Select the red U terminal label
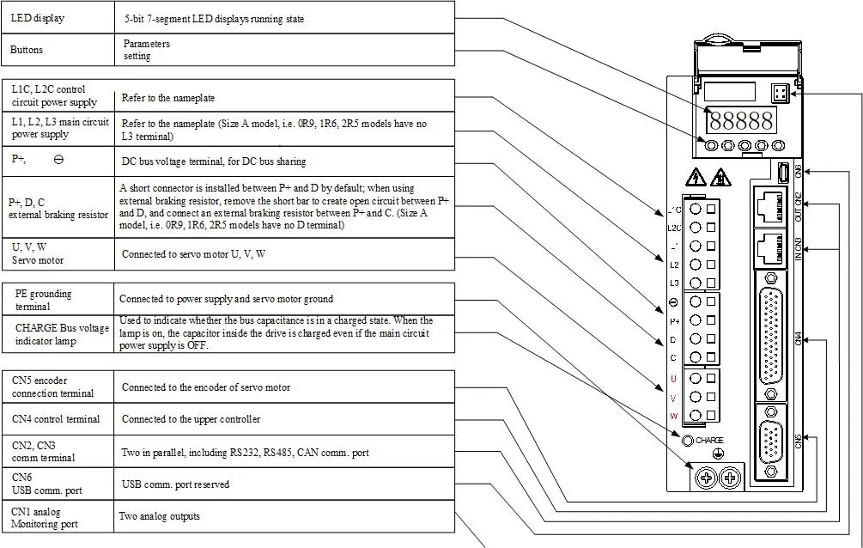[673, 379]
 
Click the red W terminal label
[673, 417]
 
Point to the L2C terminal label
[673, 228]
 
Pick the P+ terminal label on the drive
[673, 320]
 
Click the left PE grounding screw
[706, 477]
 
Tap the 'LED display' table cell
[58, 18]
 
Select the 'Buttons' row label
[58, 50]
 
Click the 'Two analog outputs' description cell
[283, 516]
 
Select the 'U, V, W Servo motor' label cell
[58, 253]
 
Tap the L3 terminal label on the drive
[673, 283]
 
